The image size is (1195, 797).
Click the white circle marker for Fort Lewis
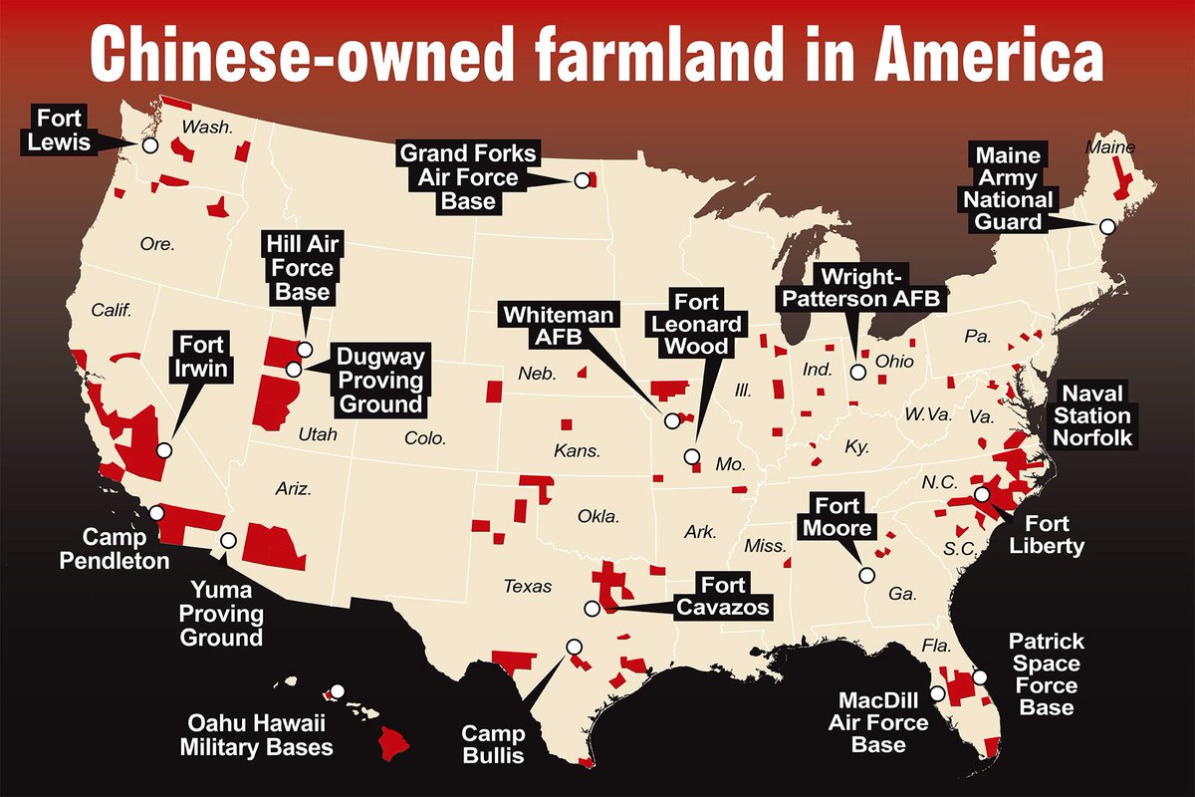click(x=149, y=144)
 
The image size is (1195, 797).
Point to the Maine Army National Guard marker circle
click(x=1105, y=226)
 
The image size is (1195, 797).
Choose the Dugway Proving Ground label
click(x=379, y=381)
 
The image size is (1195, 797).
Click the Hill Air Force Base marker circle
click(x=305, y=349)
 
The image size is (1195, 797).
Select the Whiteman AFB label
click(x=546, y=326)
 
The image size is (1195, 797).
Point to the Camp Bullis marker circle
click(x=574, y=646)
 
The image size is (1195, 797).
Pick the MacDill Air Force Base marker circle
click(x=936, y=693)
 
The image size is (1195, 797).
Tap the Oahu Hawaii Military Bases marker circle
click(x=338, y=690)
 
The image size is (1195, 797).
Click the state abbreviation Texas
click(x=528, y=587)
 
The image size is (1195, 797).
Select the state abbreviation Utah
click(x=319, y=435)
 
